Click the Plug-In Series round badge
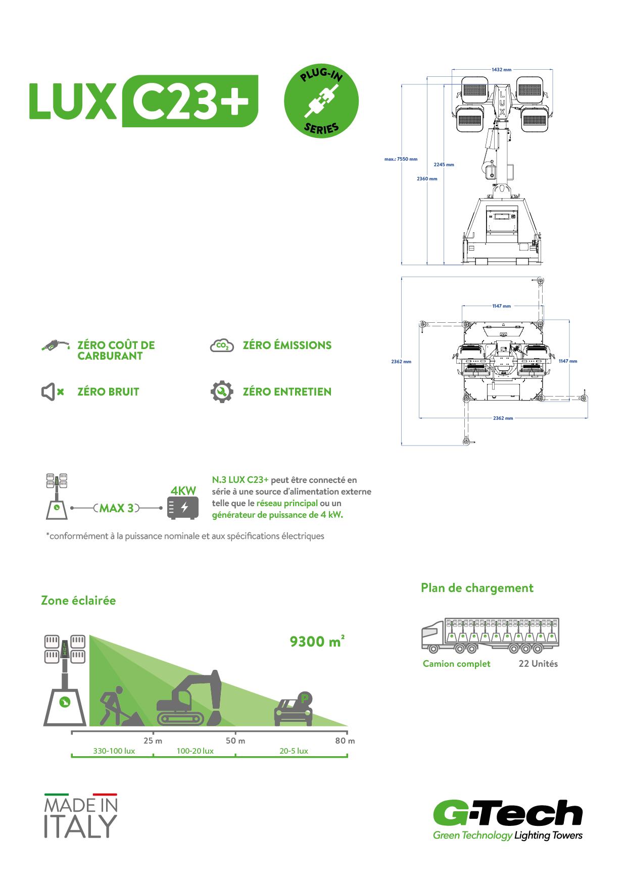(x=321, y=101)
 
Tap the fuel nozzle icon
(x=55, y=346)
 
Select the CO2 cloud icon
(x=221, y=346)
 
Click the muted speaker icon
(x=52, y=391)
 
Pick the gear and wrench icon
(x=222, y=391)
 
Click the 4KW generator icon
(x=183, y=507)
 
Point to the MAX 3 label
(x=117, y=508)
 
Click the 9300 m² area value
(x=317, y=642)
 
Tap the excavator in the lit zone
(x=189, y=700)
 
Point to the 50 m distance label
(x=235, y=741)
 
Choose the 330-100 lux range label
(x=114, y=751)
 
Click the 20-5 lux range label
(x=294, y=751)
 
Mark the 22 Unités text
(x=538, y=664)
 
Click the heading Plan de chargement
(x=477, y=588)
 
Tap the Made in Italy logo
(x=81, y=816)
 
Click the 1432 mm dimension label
(x=501, y=70)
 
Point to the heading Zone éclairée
(x=78, y=601)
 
